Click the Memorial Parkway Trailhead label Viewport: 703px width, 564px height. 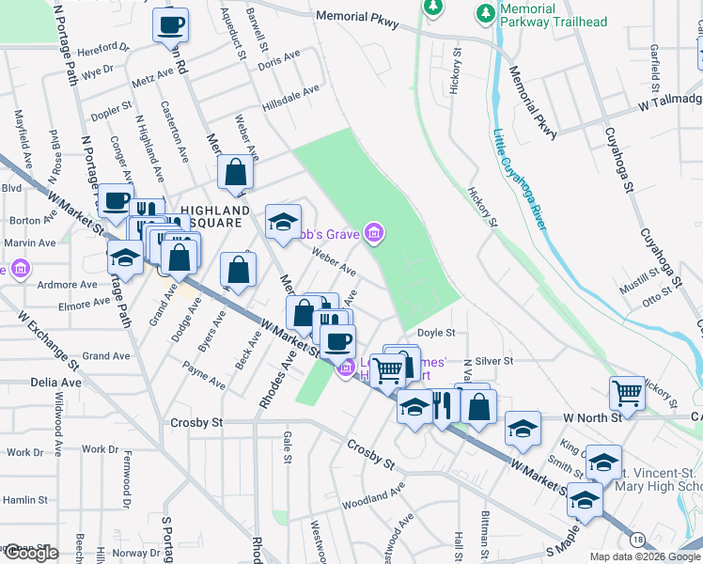554,15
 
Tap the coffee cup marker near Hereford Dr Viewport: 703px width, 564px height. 171,27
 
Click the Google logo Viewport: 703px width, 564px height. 30,554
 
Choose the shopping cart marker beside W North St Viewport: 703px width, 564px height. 627,393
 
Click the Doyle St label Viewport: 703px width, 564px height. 436,333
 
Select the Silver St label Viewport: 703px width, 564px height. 494,360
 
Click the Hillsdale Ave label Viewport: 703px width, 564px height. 291,100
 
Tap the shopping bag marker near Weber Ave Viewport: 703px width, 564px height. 235,173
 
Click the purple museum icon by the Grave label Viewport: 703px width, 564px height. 374,233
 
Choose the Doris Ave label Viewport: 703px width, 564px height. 278,62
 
